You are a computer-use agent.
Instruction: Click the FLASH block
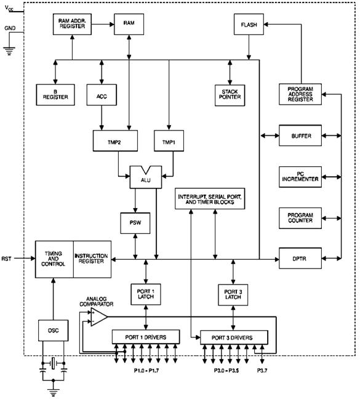[249, 25]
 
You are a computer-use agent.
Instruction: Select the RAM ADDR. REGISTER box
[72, 25]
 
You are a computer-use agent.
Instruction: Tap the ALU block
[146, 177]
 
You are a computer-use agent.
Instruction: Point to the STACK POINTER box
[230, 95]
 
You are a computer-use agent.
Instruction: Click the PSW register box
[135, 223]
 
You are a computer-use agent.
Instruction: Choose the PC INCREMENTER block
[300, 177]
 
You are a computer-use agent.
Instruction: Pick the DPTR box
[300, 258]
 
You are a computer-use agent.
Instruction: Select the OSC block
[54, 330]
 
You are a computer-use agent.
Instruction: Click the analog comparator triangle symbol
[99, 317]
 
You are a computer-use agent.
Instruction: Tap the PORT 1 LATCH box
[146, 294]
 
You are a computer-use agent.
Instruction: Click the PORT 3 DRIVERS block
[234, 337]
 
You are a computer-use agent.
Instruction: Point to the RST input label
[6, 259]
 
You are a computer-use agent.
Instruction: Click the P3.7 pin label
[262, 371]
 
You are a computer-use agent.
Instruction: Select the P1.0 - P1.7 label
[146, 371]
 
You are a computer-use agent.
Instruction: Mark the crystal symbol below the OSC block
[54, 363]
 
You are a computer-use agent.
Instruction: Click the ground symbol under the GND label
[9, 51]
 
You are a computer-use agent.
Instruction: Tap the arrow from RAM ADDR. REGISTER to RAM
[103, 25]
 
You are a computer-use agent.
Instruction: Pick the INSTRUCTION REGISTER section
[92, 259]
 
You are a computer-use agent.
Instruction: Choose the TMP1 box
[169, 141]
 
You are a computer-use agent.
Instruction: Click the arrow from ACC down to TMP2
[102, 118]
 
